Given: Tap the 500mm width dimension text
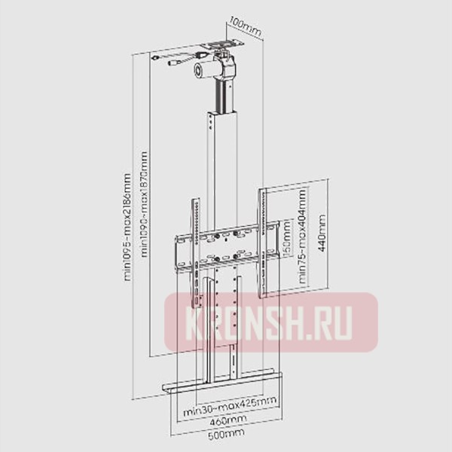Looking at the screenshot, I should coord(227,435).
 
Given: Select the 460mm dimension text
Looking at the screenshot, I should coord(227,420).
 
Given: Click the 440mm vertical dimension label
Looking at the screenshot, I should coord(323,235).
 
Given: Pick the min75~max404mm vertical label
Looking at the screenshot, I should coord(302,234).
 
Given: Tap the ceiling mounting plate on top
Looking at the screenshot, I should coord(225,44).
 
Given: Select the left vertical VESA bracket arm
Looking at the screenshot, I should coord(195,249).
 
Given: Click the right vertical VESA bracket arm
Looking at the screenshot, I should coord(264,241).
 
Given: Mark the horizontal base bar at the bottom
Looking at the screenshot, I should coord(226,386).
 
